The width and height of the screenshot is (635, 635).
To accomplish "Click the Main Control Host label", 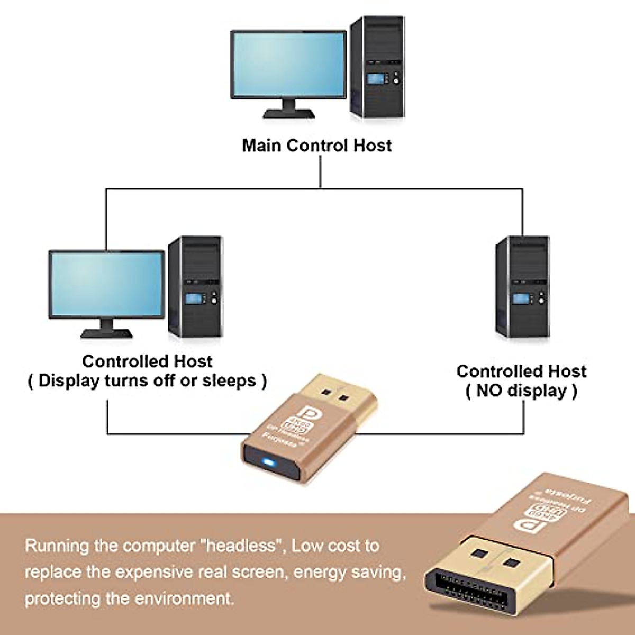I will click(x=316, y=146).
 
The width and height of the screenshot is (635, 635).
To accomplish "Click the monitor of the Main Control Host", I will click(x=289, y=65).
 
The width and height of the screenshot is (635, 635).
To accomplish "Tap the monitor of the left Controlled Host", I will click(x=106, y=285).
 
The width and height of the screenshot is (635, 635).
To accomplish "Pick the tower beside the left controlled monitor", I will click(x=195, y=286).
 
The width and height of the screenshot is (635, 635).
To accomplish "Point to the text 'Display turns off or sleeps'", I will click(x=147, y=380).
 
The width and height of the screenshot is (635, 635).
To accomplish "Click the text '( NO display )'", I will click(x=521, y=391).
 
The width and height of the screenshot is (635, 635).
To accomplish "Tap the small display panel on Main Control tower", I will click(x=376, y=79).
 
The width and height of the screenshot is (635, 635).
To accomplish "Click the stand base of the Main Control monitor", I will click(x=289, y=113).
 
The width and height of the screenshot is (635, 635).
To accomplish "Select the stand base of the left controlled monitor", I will click(x=106, y=333).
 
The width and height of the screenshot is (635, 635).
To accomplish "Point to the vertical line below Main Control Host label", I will click(x=320, y=172).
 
